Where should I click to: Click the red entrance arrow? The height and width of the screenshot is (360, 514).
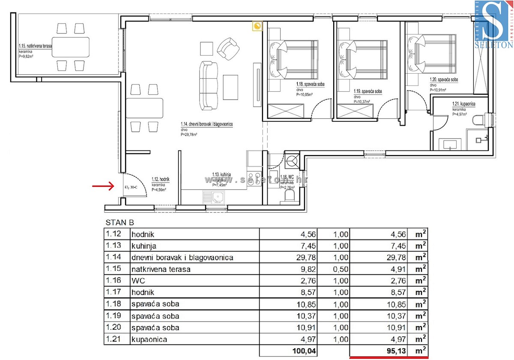(x=102, y=186)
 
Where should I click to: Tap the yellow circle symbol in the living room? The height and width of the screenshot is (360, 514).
(x=257, y=27)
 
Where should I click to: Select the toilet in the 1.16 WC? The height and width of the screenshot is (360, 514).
(x=290, y=197)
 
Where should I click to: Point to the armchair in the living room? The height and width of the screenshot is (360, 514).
(x=228, y=48)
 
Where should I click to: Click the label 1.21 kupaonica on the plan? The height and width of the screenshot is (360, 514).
(x=463, y=104)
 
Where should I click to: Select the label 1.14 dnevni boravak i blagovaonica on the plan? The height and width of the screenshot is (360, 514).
(x=206, y=124)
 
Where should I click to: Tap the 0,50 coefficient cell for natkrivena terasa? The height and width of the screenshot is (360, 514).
(x=341, y=269)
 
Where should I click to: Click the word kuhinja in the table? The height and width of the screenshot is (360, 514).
(x=144, y=246)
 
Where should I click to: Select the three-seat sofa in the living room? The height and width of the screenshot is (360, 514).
(x=207, y=85)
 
